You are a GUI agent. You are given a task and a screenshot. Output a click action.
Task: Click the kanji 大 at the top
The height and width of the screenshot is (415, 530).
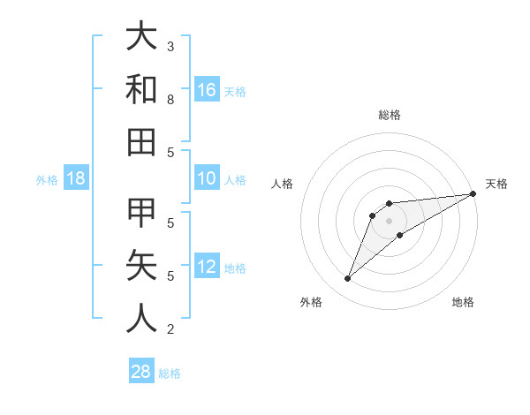click(x=141, y=36)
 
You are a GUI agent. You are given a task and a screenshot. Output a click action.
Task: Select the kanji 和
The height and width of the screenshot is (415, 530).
click(x=141, y=89)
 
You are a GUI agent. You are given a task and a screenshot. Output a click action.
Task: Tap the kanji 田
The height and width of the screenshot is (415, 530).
click(x=141, y=142)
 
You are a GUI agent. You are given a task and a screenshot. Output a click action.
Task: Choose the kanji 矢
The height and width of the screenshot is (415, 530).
click(x=141, y=266)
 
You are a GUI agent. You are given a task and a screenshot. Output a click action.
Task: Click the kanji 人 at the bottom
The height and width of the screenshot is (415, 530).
click(x=141, y=319)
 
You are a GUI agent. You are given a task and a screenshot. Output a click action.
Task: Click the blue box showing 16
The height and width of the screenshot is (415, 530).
click(x=207, y=89)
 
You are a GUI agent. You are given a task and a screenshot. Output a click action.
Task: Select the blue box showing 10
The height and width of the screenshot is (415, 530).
click(x=207, y=179)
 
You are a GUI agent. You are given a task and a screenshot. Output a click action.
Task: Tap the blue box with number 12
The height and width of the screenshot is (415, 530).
click(x=207, y=268)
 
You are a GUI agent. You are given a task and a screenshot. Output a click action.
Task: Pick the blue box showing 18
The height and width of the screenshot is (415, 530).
click(x=76, y=179)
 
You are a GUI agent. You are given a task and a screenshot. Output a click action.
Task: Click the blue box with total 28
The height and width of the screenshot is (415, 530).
click(x=140, y=372)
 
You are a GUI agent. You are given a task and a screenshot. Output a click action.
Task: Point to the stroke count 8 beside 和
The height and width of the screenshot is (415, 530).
click(x=170, y=100)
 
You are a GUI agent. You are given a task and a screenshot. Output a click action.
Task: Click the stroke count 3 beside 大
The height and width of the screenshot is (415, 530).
click(x=170, y=46)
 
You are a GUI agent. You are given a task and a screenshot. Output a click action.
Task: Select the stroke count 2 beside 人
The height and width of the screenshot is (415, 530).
click(x=170, y=329)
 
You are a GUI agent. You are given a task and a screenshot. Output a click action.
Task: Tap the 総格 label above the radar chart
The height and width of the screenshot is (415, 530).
click(x=390, y=115)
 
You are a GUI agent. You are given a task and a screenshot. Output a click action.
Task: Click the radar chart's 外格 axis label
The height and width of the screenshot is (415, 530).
click(x=311, y=302)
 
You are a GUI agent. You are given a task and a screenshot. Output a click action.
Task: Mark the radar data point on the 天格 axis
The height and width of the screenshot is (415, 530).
click(x=473, y=194)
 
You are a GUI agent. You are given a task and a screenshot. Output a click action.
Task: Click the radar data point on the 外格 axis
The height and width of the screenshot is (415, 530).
click(x=348, y=279)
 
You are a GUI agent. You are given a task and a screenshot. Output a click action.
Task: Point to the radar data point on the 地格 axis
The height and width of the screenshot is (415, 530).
click(x=400, y=235)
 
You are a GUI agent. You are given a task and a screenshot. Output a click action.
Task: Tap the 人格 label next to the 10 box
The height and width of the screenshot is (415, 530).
click(x=235, y=180)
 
